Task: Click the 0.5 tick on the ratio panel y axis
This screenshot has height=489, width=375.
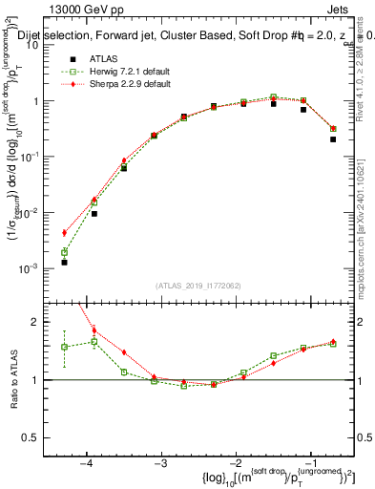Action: point(38,437)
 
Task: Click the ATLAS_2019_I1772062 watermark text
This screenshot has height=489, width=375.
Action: point(198,286)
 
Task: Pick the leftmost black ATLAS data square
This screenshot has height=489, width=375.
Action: point(64,262)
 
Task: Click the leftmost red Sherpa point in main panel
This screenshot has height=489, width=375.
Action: point(64,232)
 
